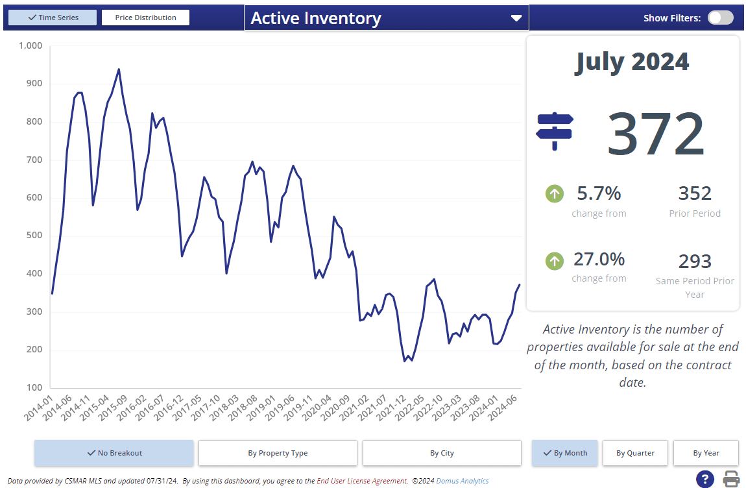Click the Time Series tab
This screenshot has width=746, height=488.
53,18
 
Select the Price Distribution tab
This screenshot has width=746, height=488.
145,18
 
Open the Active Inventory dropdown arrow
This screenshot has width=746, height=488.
516,18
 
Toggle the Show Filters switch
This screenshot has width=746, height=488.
720,18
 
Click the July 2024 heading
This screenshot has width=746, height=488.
632,62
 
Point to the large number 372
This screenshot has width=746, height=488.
655,134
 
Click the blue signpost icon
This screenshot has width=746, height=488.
555,130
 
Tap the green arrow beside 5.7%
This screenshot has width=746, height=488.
554,193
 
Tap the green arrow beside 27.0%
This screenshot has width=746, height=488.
554,261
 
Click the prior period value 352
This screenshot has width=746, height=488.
695,193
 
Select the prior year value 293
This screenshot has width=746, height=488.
695,262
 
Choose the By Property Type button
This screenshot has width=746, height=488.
278,453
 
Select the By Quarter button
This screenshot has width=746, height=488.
635,453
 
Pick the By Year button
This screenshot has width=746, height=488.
706,453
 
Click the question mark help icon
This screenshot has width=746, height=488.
705,480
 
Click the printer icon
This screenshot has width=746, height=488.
731,480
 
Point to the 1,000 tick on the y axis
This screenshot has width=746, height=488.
30,46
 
